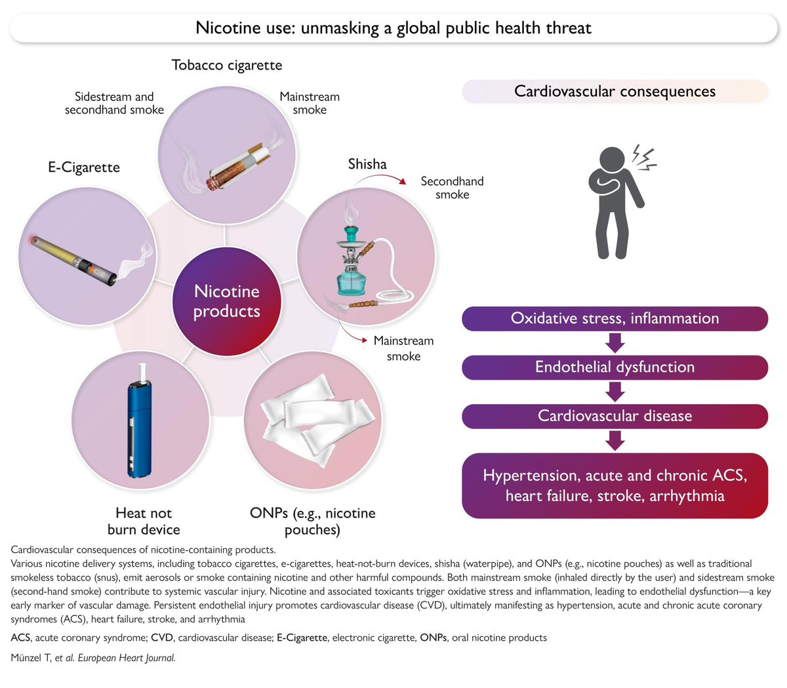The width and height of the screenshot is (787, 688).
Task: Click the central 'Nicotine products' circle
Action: coord(226,301)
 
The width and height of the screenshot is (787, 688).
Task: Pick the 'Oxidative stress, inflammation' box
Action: coord(615,319)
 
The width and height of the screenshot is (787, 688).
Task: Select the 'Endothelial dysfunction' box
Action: coord(615,367)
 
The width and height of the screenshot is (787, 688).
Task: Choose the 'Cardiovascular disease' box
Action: coord(615,416)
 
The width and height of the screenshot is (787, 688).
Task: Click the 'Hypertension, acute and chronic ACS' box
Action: coord(615,485)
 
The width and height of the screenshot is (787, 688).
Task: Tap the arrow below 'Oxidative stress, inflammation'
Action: coord(615,343)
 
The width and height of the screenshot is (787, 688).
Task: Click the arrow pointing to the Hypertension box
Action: coord(615,440)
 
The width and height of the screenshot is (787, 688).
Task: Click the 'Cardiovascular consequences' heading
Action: coord(615,92)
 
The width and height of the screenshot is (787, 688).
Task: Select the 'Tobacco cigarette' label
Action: coord(227,66)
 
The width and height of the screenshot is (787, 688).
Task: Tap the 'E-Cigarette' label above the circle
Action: coord(84,167)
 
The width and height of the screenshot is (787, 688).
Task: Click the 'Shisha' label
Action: coord(367,164)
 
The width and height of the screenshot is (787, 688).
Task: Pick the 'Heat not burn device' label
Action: coord(144,521)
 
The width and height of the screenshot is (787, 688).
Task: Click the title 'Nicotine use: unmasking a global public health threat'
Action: coord(393,28)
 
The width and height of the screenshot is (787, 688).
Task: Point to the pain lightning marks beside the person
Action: coord(645,158)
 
